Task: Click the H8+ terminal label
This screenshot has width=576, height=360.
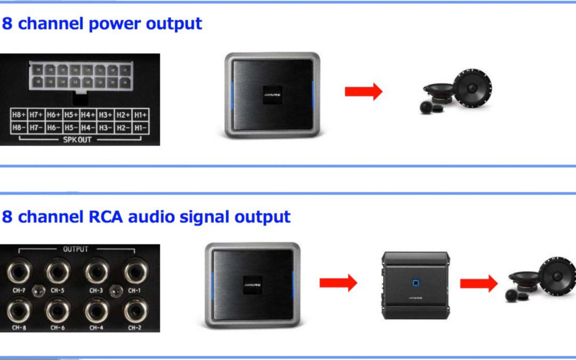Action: (19, 115)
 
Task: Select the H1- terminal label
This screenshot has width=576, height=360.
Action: (141, 127)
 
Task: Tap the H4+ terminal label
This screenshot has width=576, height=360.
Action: (88, 115)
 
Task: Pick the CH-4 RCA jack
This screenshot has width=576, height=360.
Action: (97, 309)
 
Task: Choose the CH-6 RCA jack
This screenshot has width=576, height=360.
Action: (58, 309)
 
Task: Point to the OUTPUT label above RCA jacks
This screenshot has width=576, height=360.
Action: (76, 249)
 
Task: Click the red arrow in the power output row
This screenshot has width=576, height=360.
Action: (364, 91)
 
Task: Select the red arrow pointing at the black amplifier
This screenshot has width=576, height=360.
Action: (338, 283)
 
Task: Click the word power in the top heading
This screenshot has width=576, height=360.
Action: (117, 24)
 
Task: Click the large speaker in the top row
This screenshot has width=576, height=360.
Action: (473, 86)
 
